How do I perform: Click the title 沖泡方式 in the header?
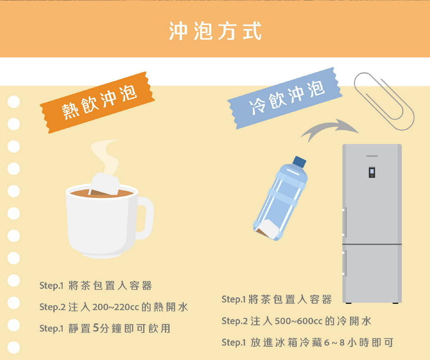215,31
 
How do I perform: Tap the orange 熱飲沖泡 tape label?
97,102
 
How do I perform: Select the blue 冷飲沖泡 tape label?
285,98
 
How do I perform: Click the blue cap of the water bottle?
299,162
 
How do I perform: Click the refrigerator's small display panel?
372,172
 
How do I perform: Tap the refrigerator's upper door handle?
344,222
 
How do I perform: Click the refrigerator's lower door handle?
344,263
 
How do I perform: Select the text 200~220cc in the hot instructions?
115,307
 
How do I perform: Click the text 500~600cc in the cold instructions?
298,321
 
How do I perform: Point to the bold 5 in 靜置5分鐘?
96,328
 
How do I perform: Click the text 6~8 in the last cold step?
334,342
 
